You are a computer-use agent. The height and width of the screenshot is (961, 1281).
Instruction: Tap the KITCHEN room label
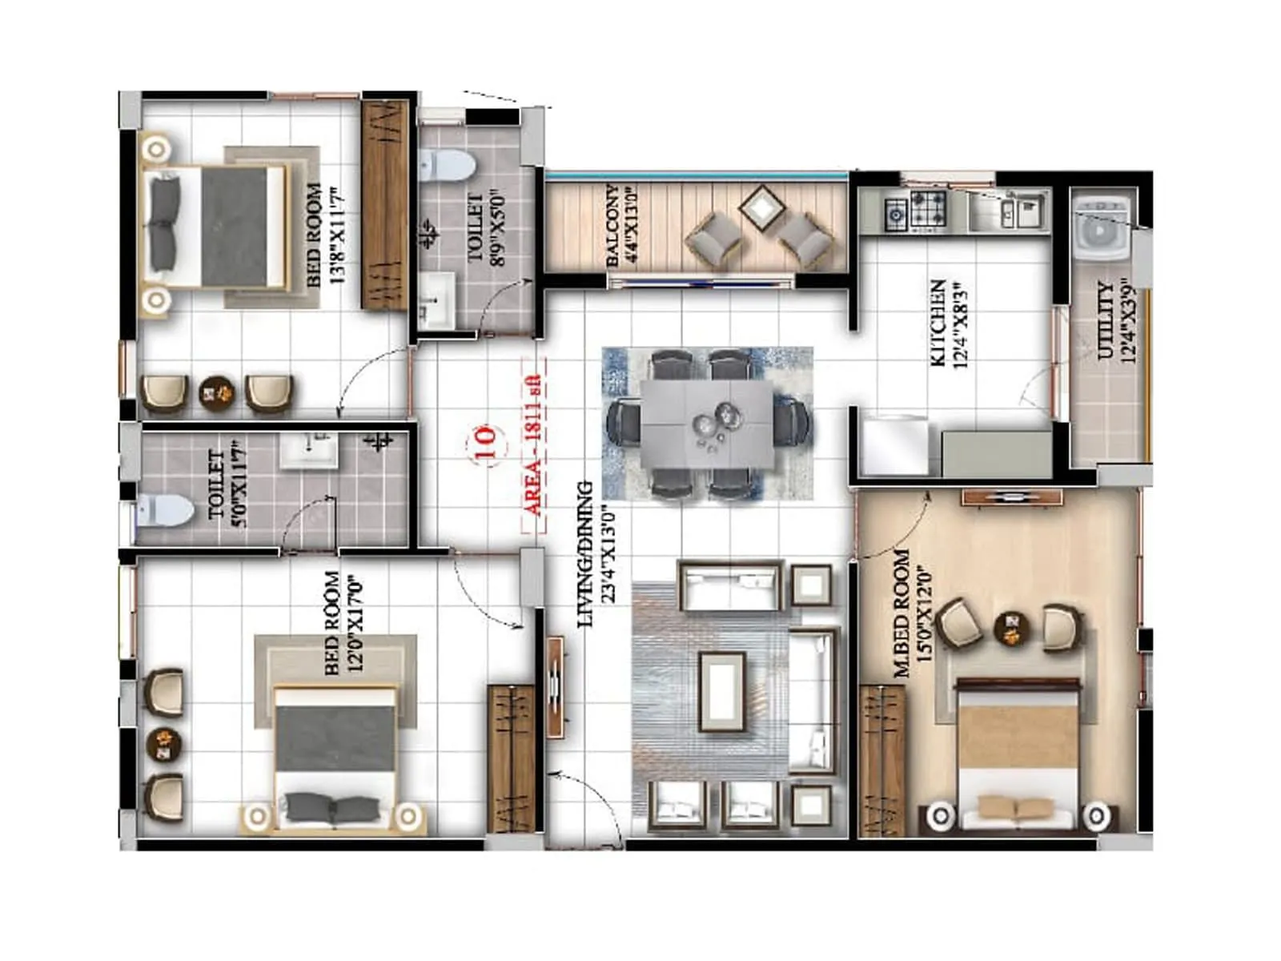click(x=938, y=324)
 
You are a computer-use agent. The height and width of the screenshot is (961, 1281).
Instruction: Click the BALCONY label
click(x=612, y=225)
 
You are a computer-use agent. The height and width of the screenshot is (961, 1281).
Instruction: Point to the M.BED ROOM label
click(x=902, y=613)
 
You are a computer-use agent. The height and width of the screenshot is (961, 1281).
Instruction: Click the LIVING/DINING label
click(x=585, y=554)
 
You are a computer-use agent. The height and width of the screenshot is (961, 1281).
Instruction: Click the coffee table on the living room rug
click(x=722, y=691)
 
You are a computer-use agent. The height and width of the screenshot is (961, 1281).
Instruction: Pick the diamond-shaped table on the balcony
click(x=761, y=208)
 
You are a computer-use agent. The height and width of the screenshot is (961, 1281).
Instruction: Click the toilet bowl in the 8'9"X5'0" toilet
click(x=446, y=166)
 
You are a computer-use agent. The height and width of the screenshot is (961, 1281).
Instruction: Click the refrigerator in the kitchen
click(x=895, y=444)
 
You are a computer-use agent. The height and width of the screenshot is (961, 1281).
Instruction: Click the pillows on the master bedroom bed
click(x=1016, y=808)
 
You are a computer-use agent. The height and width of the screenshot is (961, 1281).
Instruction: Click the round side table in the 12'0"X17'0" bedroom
click(x=164, y=744)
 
